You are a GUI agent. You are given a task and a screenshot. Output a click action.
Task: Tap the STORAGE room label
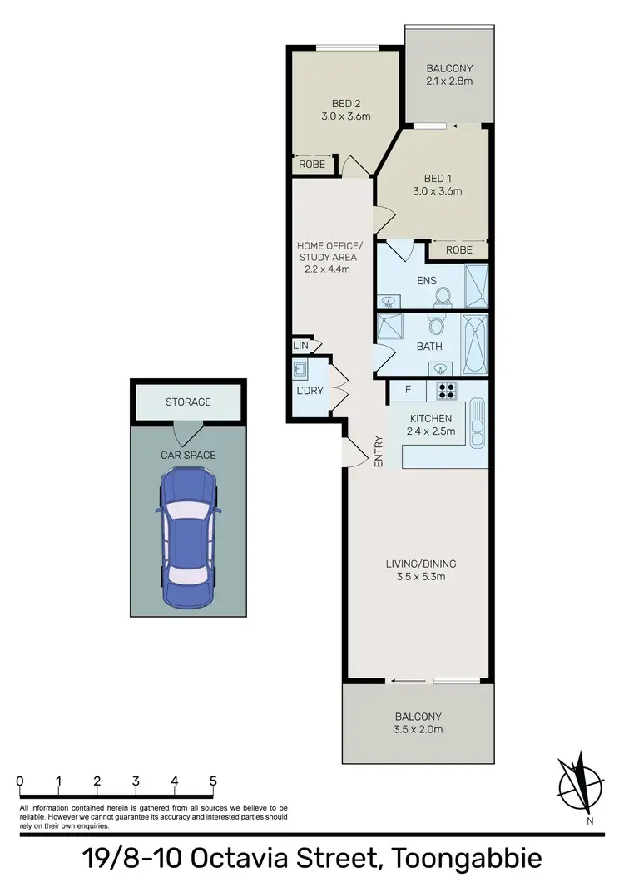pyautogui.click(x=188, y=402)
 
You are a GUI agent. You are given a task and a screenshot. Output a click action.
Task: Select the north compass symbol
pyautogui.click(x=579, y=785)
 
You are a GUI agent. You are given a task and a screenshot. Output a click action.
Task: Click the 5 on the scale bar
pyautogui.click(x=213, y=781)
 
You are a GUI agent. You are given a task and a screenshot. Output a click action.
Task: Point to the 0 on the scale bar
pyautogui.click(x=19, y=781)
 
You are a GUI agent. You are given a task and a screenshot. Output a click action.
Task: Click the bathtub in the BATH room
pyautogui.click(x=475, y=343)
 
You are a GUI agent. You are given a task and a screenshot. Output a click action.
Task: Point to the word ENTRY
pyautogui.click(x=379, y=451)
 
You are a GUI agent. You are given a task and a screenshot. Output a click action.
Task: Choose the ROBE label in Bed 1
pyautogui.click(x=458, y=249)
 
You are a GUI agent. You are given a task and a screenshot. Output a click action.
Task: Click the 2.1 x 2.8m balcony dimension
pyautogui.click(x=449, y=81)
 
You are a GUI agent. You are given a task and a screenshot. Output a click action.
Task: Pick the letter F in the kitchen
pyautogui.click(x=408, y=388)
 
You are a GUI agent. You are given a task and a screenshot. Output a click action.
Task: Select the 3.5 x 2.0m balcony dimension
pyautogui.click(x=418, y=730)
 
